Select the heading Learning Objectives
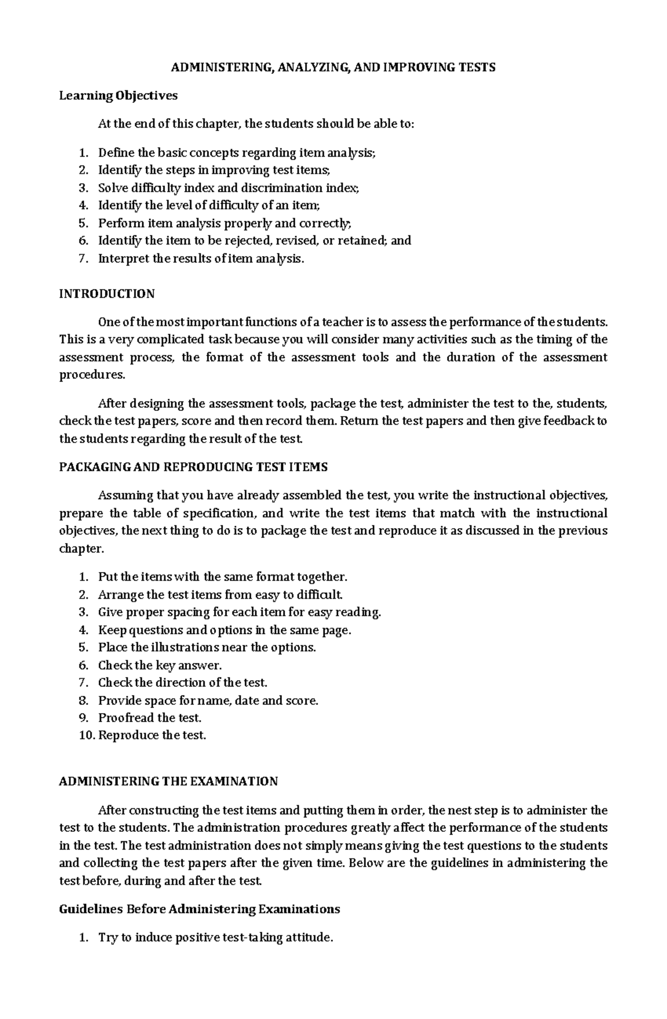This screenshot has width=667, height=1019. click(x=118, y=96)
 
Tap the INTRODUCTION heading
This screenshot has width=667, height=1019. click(x=107, y=294)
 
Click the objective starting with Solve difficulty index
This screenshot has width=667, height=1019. click(x=228, y=188)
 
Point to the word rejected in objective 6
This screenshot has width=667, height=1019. click(x=251, y=240)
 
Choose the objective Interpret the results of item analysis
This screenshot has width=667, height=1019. click(x=201, y=258)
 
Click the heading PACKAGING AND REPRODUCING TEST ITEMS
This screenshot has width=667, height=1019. click(x=193, y=467)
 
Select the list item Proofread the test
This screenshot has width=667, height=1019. click(x=150, y=717)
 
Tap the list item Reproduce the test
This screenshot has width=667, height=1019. click(x=152, y=735)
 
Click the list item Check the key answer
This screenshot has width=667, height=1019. click(x=160, y=665)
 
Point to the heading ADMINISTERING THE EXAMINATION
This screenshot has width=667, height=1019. click(x=168, y=781)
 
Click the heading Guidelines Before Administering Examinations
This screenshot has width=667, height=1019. click(x=199, y=909)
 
